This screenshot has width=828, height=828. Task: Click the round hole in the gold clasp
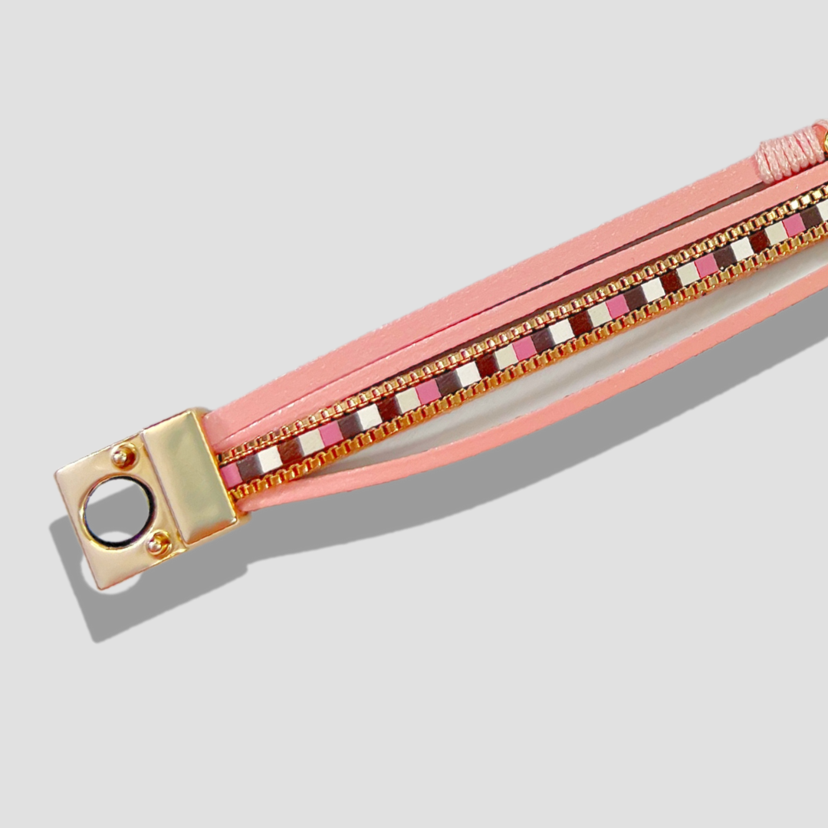point(119,511)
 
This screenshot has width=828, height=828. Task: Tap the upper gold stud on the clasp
point(123,457)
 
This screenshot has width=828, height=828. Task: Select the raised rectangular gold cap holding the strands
point(189,475)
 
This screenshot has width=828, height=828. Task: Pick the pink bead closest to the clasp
point(229,475)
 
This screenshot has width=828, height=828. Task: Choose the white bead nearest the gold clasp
point(269,458)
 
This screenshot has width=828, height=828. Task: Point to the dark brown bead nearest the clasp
point(248,467)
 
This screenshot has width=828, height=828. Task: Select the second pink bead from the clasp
point(330,434)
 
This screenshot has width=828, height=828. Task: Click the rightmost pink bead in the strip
point(793,225)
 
